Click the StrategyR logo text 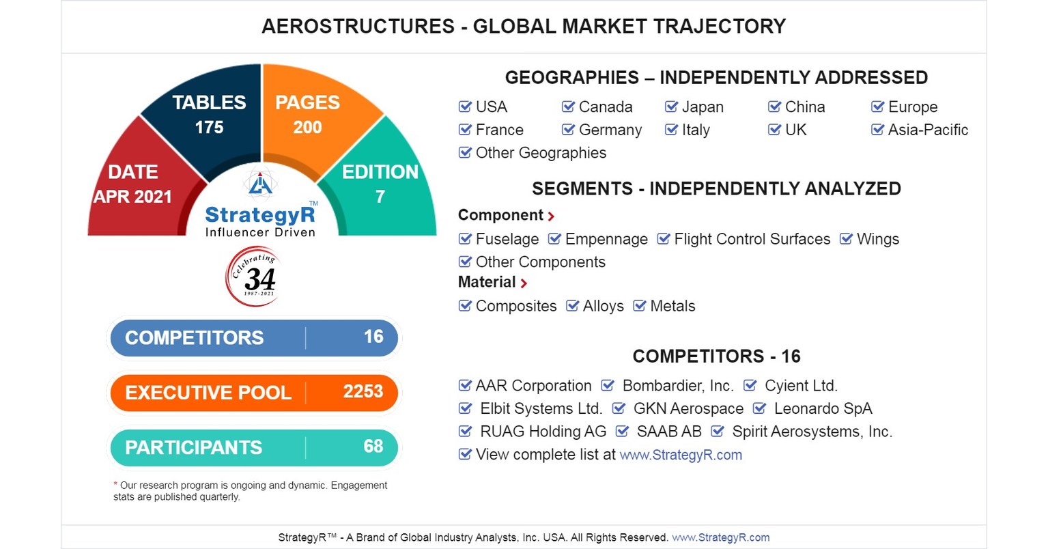tap(260, 215)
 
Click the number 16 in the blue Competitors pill tap(373, 337)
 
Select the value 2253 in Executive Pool tap(363, 391)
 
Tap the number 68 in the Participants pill tap(373, 446)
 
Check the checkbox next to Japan tap(671, 107)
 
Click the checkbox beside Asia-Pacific tap(877, 129)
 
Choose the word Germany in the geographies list tap(610, 130)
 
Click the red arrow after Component tap(551, 216)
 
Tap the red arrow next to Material tap(524, 283)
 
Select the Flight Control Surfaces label tap(752, 239)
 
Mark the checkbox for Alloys tap(572, 306)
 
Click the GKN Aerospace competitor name tap(688, 408)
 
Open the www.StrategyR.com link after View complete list tap(680, 455)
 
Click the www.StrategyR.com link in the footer tap(720, 537)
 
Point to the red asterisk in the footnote tap(115, 484)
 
